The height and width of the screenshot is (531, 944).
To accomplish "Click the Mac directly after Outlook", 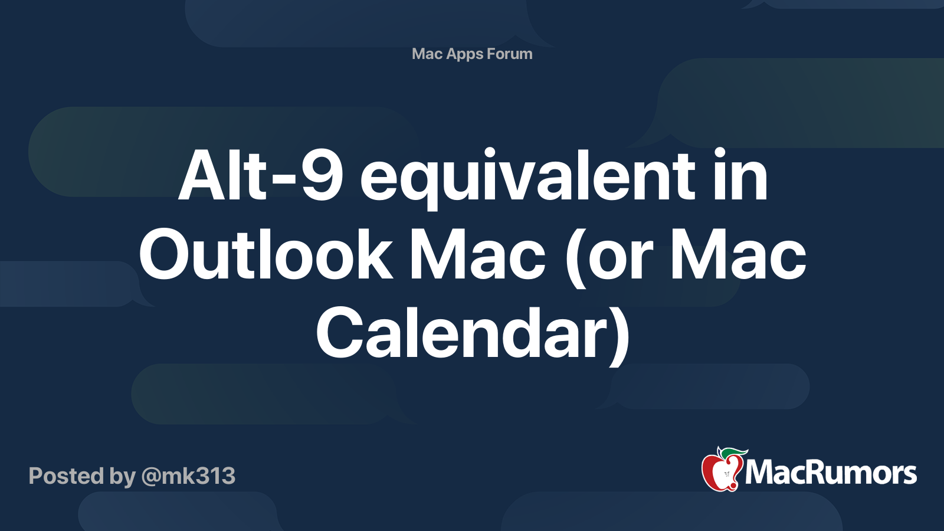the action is [x=478, y=254].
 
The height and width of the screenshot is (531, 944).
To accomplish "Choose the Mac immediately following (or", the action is [x=738, y=254].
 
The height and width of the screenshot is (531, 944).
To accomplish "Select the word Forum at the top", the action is [x=510, y=54].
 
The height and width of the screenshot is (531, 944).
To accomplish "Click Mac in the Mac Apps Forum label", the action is [x=427, y=54].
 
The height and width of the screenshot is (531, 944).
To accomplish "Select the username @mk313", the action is [x=188, y=477].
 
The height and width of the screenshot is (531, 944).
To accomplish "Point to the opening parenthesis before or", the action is [x=576, y=257].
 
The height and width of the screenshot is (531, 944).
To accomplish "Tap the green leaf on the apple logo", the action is [x=734, y=453].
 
